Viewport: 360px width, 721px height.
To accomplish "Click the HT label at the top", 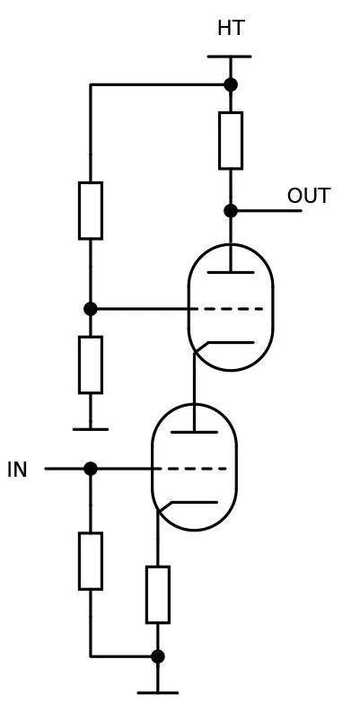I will click(x=230, y=29).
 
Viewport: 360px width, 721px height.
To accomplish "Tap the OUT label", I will click(x=308, y=196).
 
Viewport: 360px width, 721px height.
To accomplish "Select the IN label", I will click(x=17, y=470).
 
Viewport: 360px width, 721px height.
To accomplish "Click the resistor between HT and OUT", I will click(x=230, y=140).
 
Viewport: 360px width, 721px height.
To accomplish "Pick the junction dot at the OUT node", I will click(x=230, y=210).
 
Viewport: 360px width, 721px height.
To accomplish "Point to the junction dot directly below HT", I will click(x=230, y=84).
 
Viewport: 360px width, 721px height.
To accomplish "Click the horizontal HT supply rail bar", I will click(x=229, y=57).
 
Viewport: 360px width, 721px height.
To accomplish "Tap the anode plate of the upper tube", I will click(x=230, y=272).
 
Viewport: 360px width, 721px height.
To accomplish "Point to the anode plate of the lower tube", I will click(x=194, y=432).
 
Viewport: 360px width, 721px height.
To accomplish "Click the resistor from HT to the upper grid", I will click(x=90, y=210).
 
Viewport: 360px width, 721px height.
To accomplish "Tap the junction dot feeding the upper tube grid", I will click(x=90, y=309).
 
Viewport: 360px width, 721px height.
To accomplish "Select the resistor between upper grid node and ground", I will click(x=90, y=365).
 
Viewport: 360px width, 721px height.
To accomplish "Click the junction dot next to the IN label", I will click(x=90, y=469).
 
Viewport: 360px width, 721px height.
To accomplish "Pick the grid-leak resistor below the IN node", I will click(x=90, y=561).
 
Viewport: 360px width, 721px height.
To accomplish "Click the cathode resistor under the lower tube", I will click(x=157, y=594).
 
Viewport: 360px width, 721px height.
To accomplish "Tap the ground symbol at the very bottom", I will click(x=157, y=692).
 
